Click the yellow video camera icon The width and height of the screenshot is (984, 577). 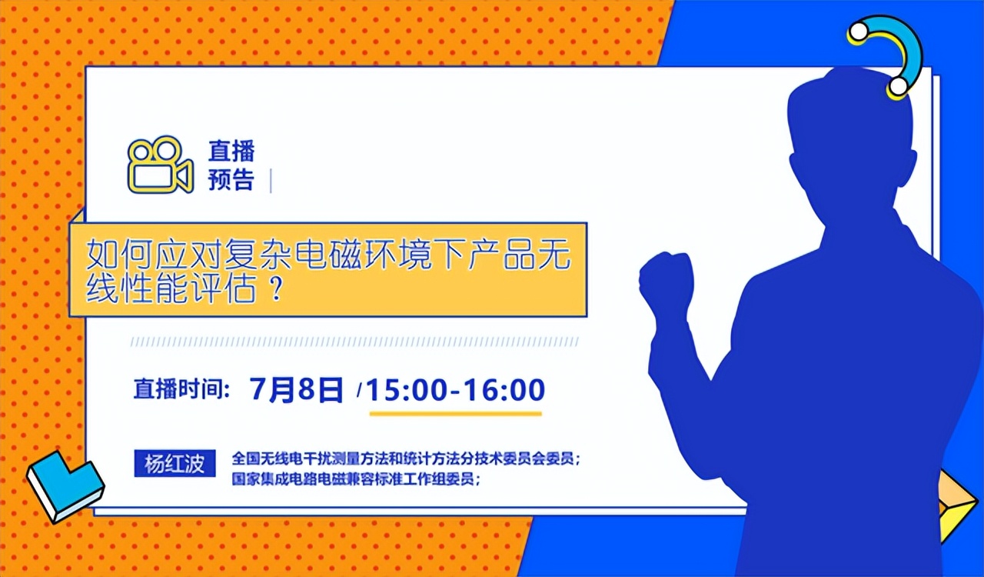[x=159, y=165]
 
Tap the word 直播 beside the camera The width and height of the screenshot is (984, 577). [x=231, y=151]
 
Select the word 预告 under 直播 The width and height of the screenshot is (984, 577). [x=231, y=180]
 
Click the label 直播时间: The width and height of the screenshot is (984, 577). [x=182, y=389]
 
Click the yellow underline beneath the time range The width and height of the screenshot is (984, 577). [x=455, y=413]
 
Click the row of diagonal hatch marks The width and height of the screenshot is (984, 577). [x=354, y=342]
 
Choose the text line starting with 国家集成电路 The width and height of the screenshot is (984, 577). [x=357, y=479]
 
